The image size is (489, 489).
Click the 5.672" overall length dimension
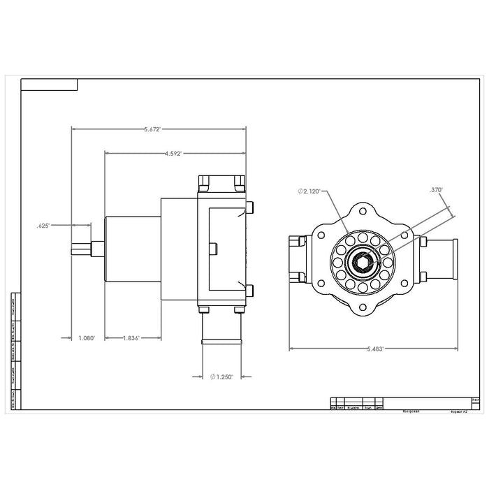152,129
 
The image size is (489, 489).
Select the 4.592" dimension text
173,153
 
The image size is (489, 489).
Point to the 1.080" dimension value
85,337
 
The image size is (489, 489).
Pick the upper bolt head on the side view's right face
249,208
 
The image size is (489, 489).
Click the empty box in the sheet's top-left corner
49,85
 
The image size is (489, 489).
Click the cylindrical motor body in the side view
133,248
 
